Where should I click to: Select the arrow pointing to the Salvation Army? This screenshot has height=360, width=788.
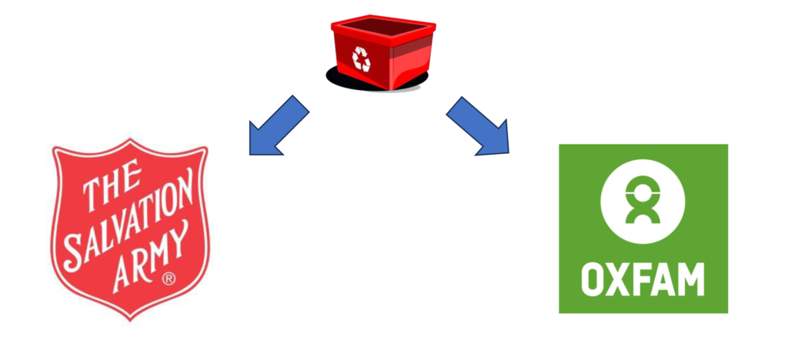click(x=278, y=125)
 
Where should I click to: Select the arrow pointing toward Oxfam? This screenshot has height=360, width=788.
click(x=479, y=125)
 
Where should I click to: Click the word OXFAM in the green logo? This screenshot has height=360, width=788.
click(x=643, y=280)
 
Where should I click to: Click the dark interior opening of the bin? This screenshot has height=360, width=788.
click(x=382, y=30)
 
